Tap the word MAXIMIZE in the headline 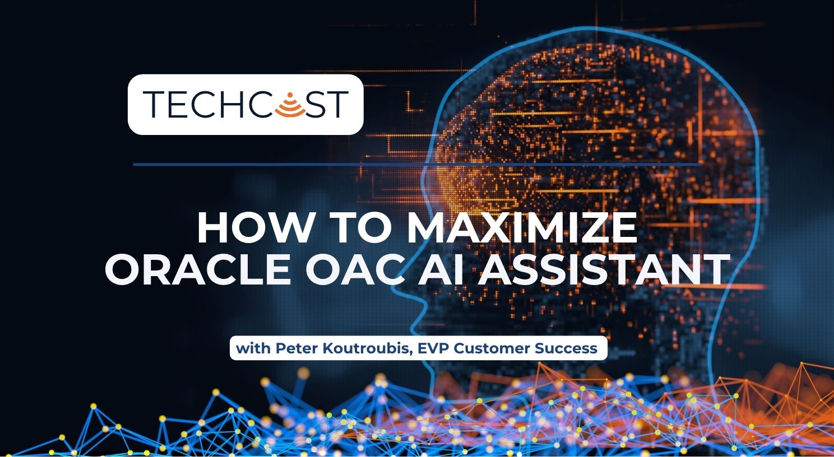pos(521,228)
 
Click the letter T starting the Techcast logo pos(155,104)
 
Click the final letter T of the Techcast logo pos(335,104)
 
